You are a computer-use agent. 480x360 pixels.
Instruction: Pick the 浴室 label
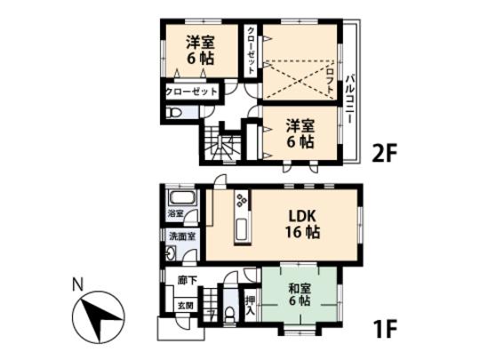[x=175, y=214]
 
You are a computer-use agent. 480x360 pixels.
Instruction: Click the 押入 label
[x=250, y=308]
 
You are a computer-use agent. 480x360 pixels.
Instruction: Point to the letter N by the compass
[x=76, y=285]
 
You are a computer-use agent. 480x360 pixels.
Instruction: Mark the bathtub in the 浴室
[x=182, y=196]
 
